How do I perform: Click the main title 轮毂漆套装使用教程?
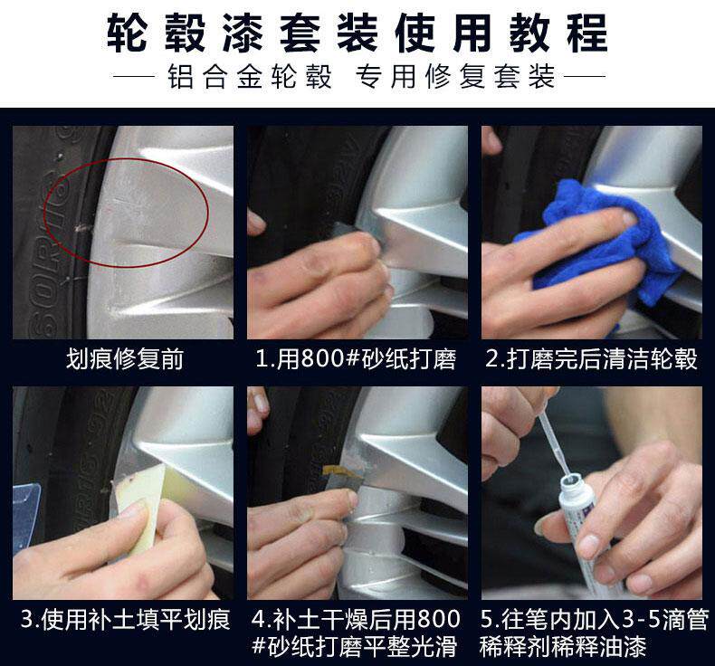pyautogui.click(x=357, y=33)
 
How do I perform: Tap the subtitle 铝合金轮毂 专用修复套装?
pyautogui.click(x=362, y=76)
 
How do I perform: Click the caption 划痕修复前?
pyautogui.click(x=125, y=358)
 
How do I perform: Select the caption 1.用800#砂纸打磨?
pyautogui.click(x=356, y=358)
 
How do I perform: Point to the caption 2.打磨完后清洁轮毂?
pyautogui.click(x=591, y=358)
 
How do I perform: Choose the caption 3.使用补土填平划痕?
pyautogui.click(x=126, y=620)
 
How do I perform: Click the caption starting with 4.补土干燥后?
pyautogui.click(x=355, y=633)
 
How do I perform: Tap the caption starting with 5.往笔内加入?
pyautogui.click(x=595, y=633)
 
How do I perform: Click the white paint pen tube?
pyautogui.click(x=588, y=533)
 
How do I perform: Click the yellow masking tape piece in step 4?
pyautogui.click(x=343, y=471)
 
